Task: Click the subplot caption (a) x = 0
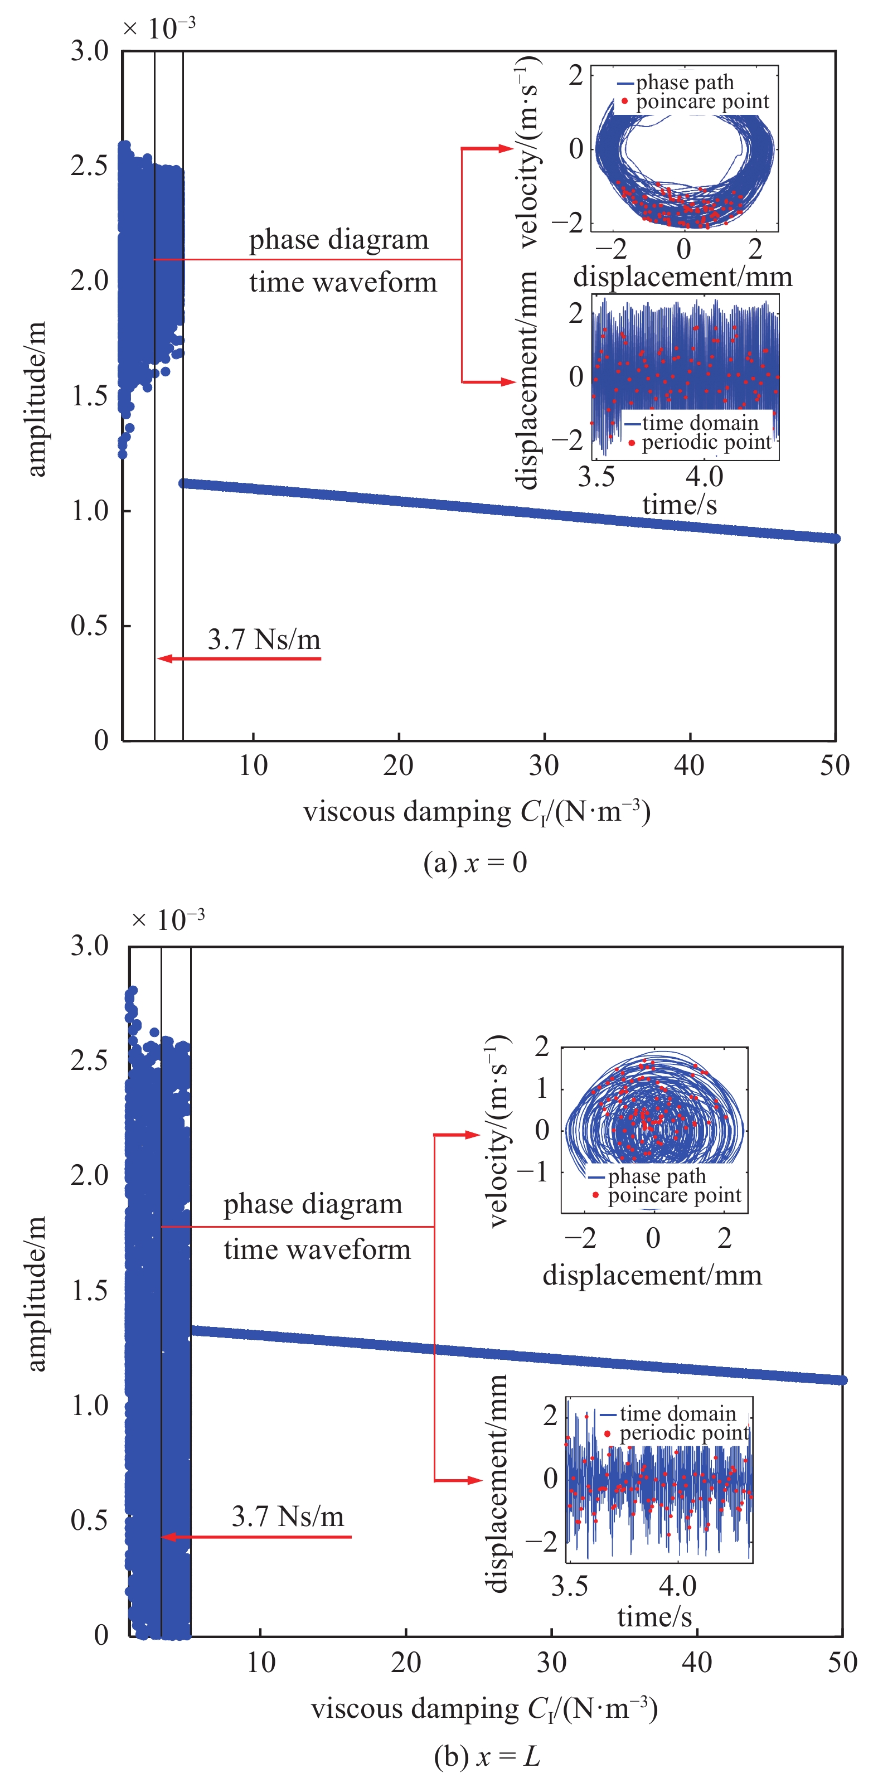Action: coord(475,863)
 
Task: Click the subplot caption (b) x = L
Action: coord(487,1757)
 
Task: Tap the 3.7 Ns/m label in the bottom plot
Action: coord(287,1517)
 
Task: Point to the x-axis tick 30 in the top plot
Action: coord(544,766)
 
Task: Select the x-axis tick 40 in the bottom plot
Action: coord(696,1663)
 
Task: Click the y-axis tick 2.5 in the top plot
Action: coord(90,166)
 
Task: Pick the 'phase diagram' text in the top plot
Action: coord(338,240)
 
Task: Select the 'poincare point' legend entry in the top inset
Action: coord(701,101)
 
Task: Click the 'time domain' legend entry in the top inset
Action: coord(699,423)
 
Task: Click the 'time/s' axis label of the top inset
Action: coord(679,505)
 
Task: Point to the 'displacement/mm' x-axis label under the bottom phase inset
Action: coord(652,1275)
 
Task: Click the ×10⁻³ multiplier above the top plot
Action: coord(159,28)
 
